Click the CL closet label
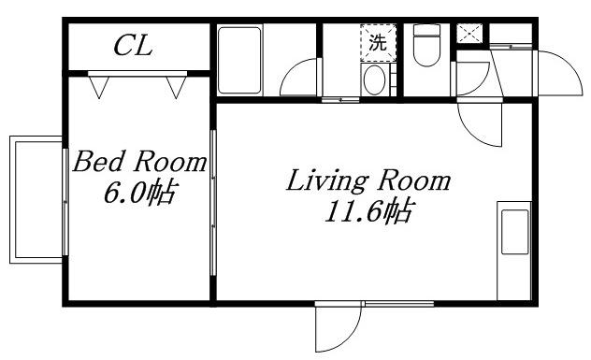(133, 46)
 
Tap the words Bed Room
(139, 162)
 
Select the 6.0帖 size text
(139, 193)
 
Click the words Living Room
(368, 180)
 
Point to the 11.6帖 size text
(369, 211)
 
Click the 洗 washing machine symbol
(379, 43)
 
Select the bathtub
(239, 60)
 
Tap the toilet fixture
(426, 45)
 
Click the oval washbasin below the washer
(374, 79)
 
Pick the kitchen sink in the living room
(515, 232)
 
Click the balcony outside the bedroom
(36, 199)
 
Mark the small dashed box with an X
(469, 34)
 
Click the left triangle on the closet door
(99, 87)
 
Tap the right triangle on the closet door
(176, 87)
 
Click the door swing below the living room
(339, 327)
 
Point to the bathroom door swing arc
(299, 77)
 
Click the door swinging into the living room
(480, 123)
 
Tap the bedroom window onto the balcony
(65, 202)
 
